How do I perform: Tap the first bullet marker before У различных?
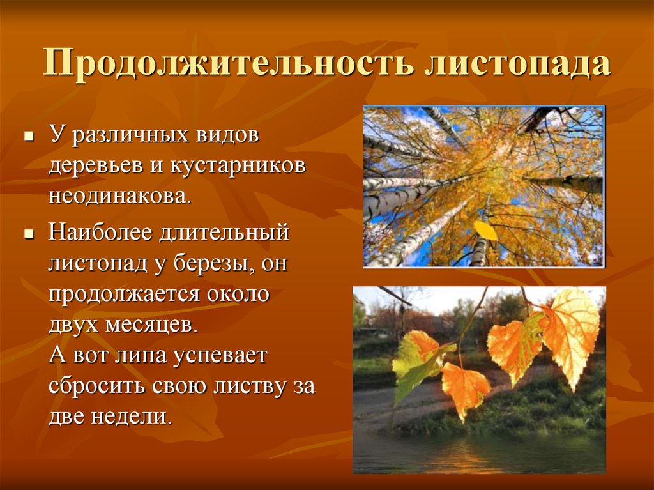click(28, 137)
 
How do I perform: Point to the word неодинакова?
click(119, 195)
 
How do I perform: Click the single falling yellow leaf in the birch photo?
click(485, 231)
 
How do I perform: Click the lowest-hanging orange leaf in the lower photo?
click(464, 388)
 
